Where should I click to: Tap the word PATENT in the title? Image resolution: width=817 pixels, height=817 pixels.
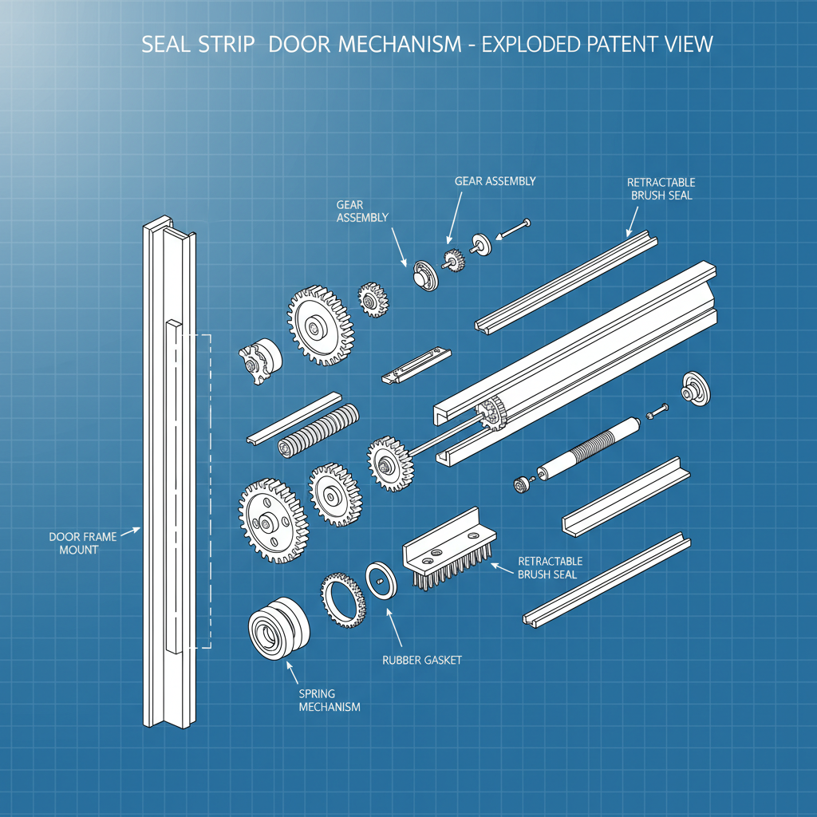pyautogui.click(x=619, y=45)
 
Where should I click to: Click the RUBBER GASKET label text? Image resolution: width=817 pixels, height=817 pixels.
pyautogui.click(x=422, y=660)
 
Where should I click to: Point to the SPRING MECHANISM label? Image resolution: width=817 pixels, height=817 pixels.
pyautogui.click(x=329, y=701)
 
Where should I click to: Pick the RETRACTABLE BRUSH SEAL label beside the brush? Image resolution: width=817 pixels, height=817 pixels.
pyautogui.click(x=551, y=567)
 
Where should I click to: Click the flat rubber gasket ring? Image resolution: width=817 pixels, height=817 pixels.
pyautogui.click(x=381, y=581)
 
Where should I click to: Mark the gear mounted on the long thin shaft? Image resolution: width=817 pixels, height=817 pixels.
pyautogui.click(x=389, y=462)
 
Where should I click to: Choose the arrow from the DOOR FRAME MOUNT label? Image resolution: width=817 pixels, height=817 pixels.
pyautogui.click(x=129, y=531)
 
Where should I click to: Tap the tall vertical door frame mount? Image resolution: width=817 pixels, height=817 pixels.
pyautogui.click(x=168, y=479)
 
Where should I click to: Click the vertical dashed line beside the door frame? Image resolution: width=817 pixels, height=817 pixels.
pyautogui.click(x=210, y=491)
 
